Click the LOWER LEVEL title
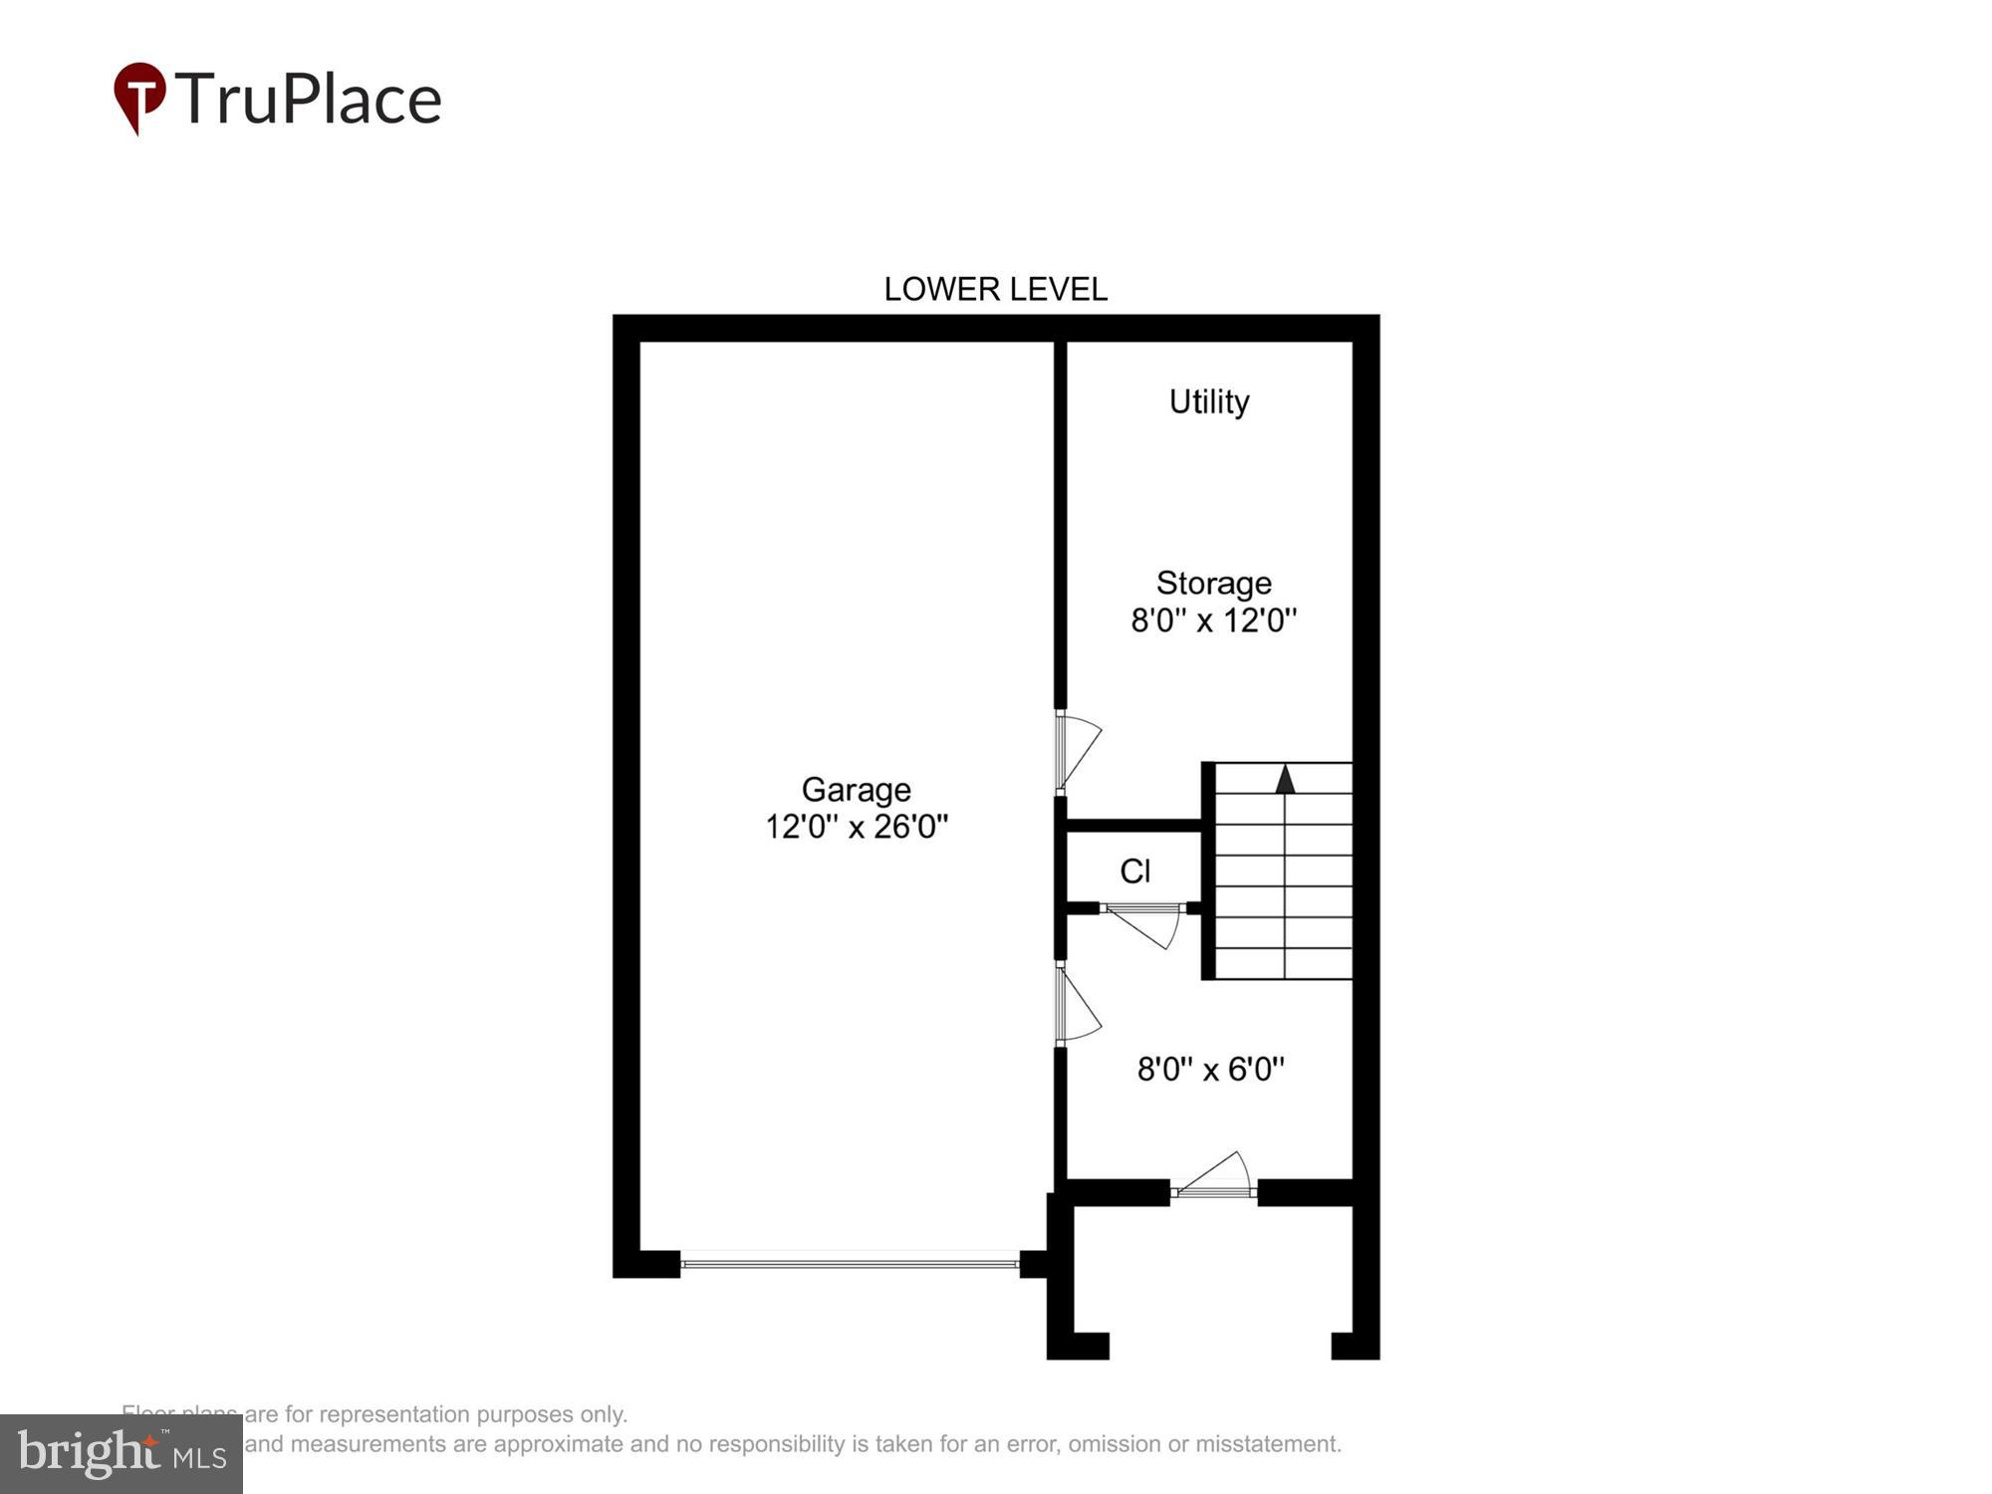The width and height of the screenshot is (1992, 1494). [x=995, y=289]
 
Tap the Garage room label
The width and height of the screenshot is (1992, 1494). [x=856, y=789]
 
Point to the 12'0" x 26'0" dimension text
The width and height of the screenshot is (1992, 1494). [x=856, y=827]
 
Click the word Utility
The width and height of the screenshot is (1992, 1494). [x=1208, y=401]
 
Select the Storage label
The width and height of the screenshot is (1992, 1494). [x=1213, y=583]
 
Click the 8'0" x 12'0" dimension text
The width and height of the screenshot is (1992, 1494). [x=1213, y=621]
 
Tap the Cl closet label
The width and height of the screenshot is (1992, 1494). [x=1134, y=871]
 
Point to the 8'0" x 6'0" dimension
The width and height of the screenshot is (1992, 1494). [x=1210, y=1069]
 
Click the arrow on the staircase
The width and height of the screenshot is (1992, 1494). [x=1285, y=779]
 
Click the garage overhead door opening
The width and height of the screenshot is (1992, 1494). [x=850, y=1264]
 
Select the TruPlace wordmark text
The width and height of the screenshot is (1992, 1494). [x=309, y=100]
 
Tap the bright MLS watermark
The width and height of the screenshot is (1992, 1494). [x=121, y=1453]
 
